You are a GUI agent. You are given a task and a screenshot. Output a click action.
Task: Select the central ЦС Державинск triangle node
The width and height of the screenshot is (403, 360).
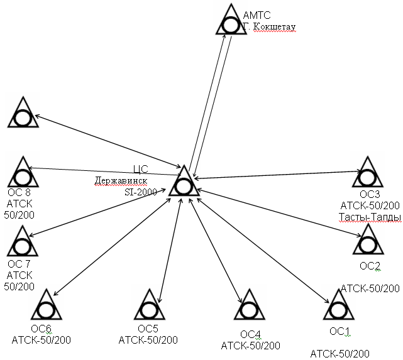click(x=184, y=183)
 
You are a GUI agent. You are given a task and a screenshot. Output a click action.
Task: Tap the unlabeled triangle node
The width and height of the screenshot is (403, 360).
click(x=24, y=114)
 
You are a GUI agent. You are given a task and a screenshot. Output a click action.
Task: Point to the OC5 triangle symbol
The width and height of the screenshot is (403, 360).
click(x=150, y=307)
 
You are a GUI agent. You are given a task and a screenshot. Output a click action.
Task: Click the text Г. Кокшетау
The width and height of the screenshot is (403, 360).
click(x=268, y=27)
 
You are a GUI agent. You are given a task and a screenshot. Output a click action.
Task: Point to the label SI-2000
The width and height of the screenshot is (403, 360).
click(x=141, y=192)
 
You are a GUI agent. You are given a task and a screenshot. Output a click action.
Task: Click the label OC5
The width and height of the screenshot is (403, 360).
click(x=148, y=329)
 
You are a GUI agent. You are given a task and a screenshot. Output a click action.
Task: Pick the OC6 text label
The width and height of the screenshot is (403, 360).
click(x=41, y=329)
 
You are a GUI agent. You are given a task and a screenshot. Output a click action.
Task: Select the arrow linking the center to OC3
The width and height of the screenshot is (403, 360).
click(x=277, y=174)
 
